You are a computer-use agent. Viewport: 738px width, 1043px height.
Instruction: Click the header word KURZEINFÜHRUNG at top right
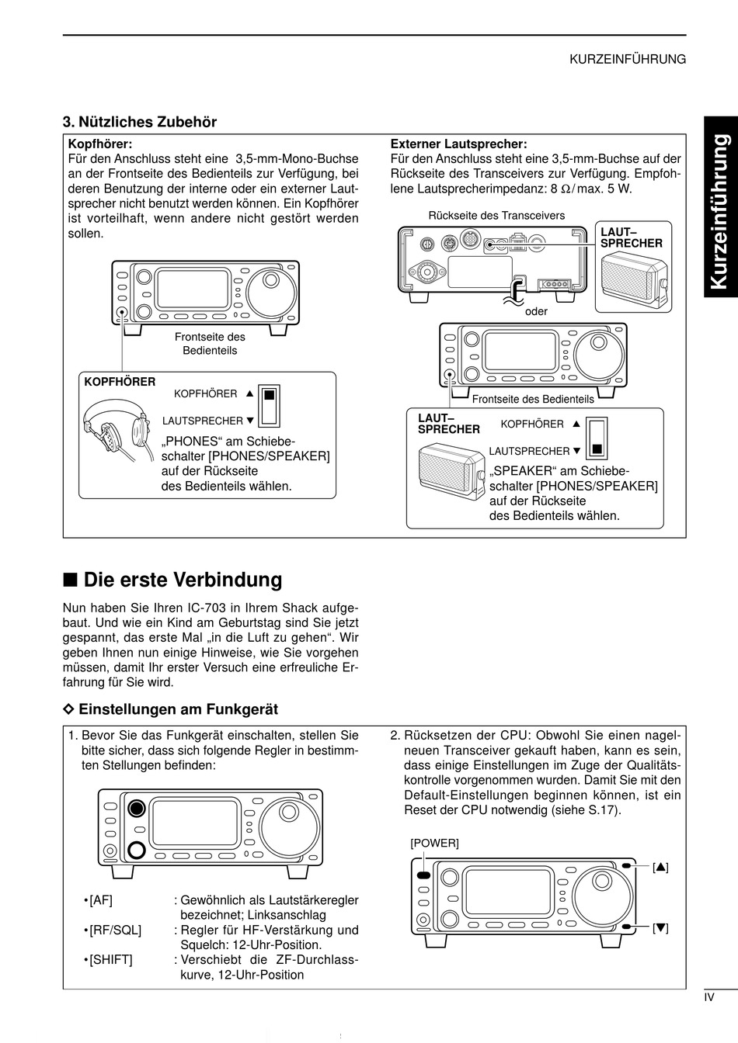click(x=628, y=59)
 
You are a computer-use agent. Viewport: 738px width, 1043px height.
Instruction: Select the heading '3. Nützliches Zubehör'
click(x=140, y=122)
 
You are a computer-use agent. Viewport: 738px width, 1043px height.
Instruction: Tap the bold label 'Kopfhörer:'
click(x=100, y=144)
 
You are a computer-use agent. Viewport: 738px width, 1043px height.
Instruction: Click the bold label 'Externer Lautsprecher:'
click(x=458, y=144)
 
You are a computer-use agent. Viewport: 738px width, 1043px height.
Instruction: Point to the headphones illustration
click(x=117, y=429)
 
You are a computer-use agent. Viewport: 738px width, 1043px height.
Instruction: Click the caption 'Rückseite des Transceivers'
click(x=496, y=216)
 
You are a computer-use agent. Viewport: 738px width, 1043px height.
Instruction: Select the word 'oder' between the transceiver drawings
click(x=536, y=311)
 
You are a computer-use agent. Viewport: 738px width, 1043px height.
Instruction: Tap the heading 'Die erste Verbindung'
click(x=183, y=580)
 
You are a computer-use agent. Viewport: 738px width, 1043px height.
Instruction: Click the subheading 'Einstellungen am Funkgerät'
click(x=178, y=709)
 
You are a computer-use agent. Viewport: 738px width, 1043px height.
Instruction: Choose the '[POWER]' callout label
click(x=434, y=843)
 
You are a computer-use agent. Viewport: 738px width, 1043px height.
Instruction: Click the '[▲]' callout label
click(x=661, y=868)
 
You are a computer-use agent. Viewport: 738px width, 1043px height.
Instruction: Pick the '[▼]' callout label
click(x=661, y=927)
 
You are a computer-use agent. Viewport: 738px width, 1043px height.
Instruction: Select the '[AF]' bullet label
click(x=101, y=900)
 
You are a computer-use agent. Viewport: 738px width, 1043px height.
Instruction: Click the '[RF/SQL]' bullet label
click(x=115, y=930)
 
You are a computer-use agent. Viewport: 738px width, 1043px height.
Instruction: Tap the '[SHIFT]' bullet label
click(x=111, y=960)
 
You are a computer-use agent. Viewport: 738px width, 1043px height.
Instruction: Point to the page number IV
click(x=708, y=998)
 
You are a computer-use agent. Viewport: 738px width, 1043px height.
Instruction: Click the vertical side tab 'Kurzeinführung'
click(x=720, y=209)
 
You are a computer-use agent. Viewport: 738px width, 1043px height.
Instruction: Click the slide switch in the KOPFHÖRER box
click(x=269, y=404)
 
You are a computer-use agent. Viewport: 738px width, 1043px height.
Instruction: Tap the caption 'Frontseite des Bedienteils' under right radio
click(x=533, y=399)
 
